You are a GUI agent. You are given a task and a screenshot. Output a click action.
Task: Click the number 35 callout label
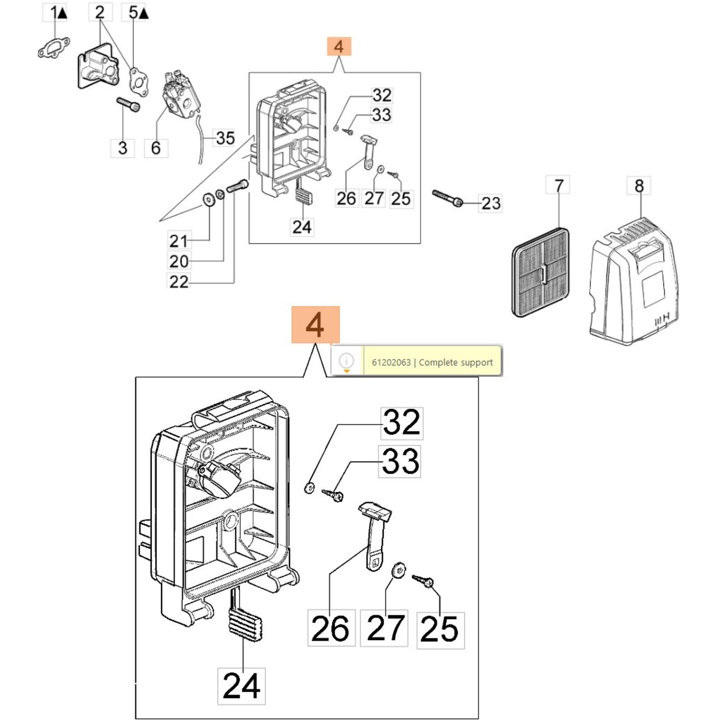pos(225,138)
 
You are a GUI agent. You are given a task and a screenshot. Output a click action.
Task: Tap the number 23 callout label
pos(491,203)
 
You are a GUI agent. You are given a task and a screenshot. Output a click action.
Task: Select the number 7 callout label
pos(558,185)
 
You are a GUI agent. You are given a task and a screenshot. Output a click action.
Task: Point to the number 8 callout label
pos(639,185)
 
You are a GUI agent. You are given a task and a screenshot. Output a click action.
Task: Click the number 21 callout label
pos(179,241)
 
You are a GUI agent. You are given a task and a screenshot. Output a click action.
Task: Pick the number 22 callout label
pos(179,282)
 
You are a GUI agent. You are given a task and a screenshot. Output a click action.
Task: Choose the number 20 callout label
pos(179,261)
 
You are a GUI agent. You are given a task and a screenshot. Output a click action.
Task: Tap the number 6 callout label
pos(156,148)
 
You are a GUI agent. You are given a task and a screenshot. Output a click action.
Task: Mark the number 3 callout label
pos(122,148)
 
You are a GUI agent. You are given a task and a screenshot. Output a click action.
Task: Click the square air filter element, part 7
pos(541,273)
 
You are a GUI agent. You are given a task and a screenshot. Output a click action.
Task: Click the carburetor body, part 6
pos(179,94)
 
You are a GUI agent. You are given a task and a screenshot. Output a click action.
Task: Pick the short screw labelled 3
pos(128,104)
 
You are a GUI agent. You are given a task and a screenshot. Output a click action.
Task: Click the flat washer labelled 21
pos(209,199)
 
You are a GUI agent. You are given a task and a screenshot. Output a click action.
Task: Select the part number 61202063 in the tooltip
pos(391,362)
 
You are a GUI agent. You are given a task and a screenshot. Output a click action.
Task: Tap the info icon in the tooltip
pos(347,361)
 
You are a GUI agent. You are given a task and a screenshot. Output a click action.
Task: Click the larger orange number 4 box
pos(315,325)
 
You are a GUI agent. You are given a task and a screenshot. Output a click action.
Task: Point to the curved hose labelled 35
pos(199,140)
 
